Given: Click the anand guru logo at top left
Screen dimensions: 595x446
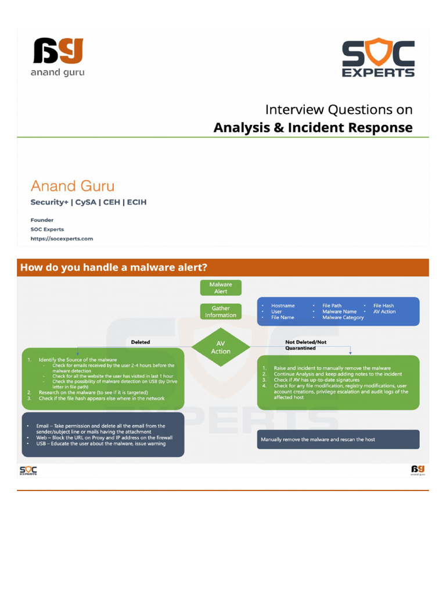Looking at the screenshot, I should (58, 56).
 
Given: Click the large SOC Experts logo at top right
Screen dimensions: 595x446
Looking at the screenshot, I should (378, 58).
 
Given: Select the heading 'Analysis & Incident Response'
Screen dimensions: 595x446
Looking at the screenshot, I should (313, 127).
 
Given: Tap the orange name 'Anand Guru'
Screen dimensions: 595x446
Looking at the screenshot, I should (73, 186).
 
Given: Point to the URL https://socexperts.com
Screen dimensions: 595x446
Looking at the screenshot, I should (62, 238).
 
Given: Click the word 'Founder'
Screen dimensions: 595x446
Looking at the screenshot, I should (42, 220).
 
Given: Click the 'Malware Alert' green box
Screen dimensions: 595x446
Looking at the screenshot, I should (221, 288).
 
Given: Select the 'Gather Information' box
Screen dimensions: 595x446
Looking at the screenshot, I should (221, 311).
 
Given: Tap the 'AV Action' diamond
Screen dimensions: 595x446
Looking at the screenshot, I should (221, 347).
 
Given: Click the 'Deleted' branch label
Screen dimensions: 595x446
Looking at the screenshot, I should (141, 342).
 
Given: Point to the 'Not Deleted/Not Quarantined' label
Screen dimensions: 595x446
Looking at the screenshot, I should (305, 345).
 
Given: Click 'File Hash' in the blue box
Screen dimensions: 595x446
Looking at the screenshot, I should (383, 306).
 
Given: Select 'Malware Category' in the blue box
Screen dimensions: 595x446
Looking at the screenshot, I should (343, 318).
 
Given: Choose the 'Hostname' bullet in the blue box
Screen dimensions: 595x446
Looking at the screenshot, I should (283, 306).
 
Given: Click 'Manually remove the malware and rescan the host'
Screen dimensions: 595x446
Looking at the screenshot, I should (318, 439).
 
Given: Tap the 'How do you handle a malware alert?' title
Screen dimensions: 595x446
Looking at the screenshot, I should (114, 268).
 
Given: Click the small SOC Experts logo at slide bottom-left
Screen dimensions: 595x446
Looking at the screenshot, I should (28, 470).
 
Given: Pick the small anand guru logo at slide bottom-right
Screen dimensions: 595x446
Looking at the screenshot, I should (418, 469).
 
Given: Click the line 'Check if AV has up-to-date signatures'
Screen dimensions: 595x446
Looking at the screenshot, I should (316, 379).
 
